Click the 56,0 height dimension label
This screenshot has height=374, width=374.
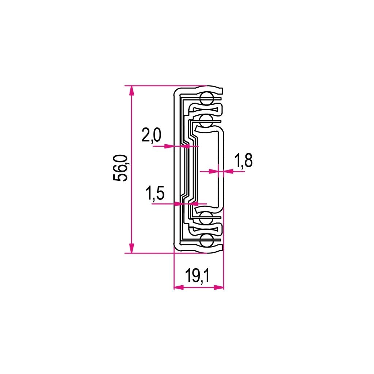(121, 168)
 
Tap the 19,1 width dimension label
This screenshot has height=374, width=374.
(197, 276)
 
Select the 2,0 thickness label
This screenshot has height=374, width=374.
(151, 135)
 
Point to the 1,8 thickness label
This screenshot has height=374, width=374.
(243, 161)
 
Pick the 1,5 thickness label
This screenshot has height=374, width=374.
(155, 193)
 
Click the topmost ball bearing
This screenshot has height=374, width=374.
(206, 99)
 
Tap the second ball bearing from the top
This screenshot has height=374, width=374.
(206, 121)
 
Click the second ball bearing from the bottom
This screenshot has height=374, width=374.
(206, 218)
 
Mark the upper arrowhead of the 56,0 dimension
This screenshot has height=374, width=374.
(131, 91)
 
